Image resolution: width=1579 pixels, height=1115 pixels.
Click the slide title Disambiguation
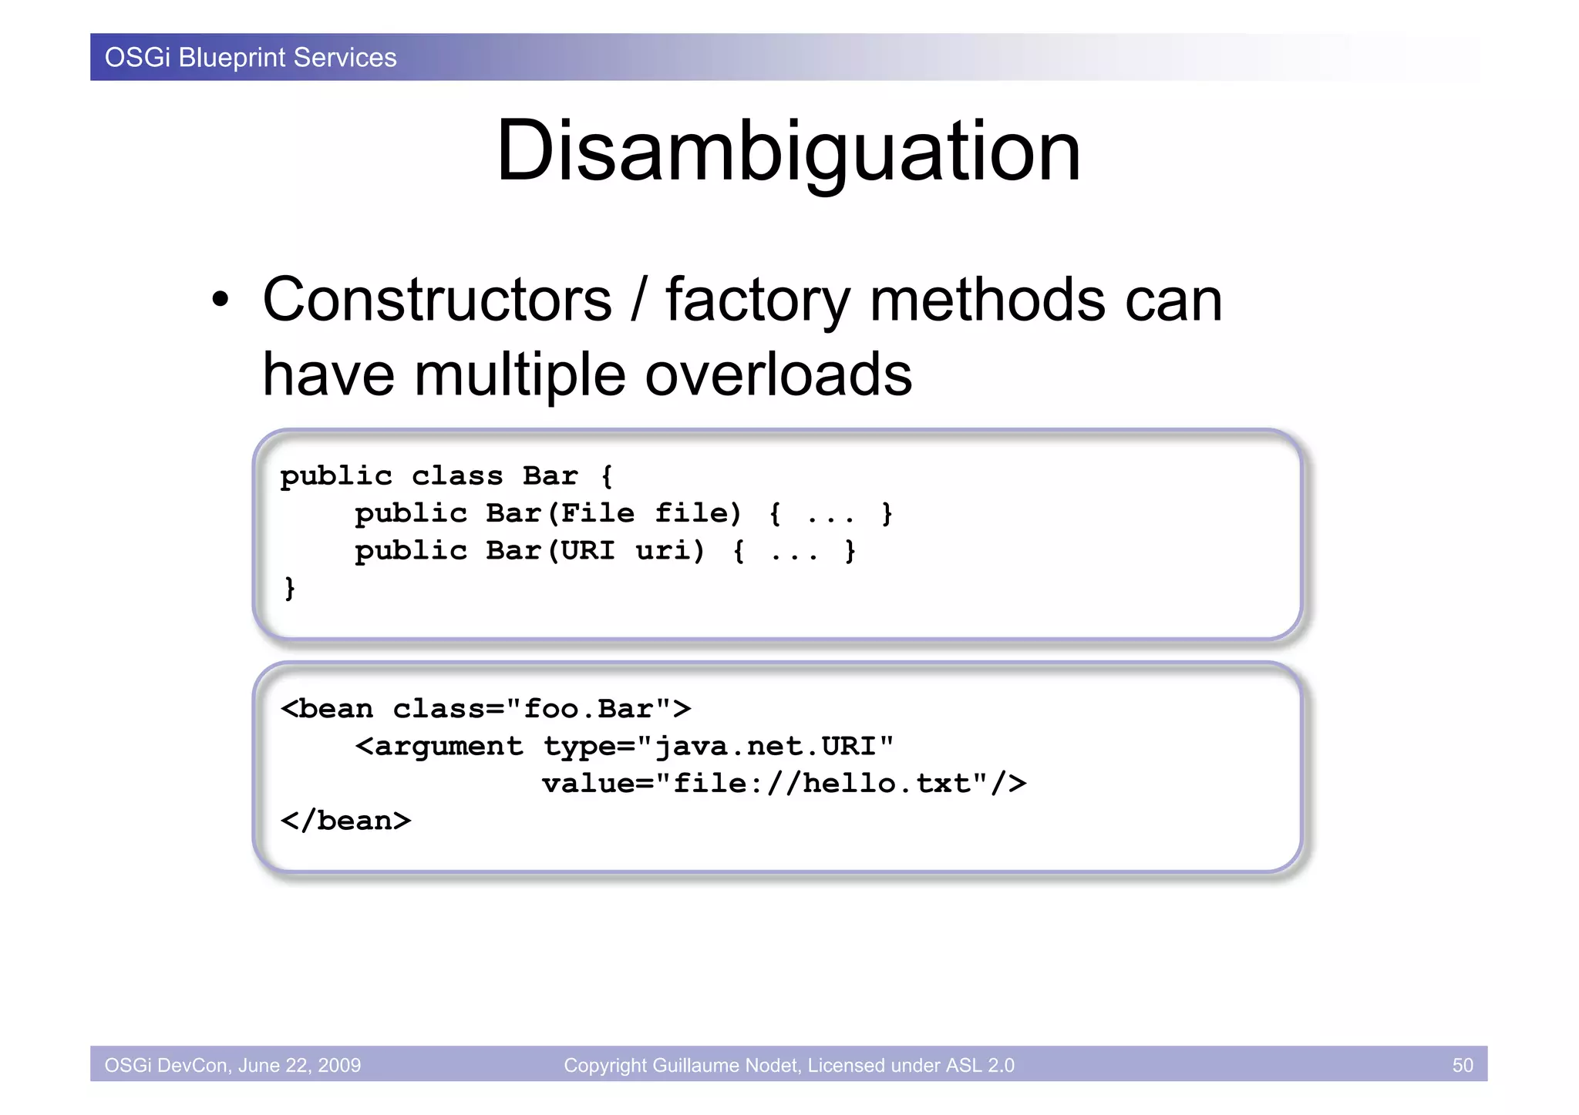(788, 151)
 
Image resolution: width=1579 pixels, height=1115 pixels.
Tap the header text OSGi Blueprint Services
(251, 58)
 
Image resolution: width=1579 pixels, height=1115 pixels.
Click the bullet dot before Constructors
(221, 301)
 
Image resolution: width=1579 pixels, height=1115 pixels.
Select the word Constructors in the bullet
(436, 300)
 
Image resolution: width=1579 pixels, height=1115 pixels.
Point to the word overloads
(778, 374)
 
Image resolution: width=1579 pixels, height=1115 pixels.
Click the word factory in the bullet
(758, 301)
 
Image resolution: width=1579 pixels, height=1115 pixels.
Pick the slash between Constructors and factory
(638, 301)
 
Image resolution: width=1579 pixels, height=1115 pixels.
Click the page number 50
(1462, 1065)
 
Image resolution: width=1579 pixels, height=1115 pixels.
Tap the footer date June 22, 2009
(299, 1065)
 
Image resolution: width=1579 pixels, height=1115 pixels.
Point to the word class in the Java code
(456, 476)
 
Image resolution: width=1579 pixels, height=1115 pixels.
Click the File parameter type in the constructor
(598, 513)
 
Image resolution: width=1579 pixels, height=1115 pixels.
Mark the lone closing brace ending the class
(290, 588)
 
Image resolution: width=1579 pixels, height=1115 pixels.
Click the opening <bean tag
(327, 709)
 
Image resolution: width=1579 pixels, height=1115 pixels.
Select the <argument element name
(439, 746)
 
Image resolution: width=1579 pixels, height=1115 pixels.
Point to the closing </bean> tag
(345, 821)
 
